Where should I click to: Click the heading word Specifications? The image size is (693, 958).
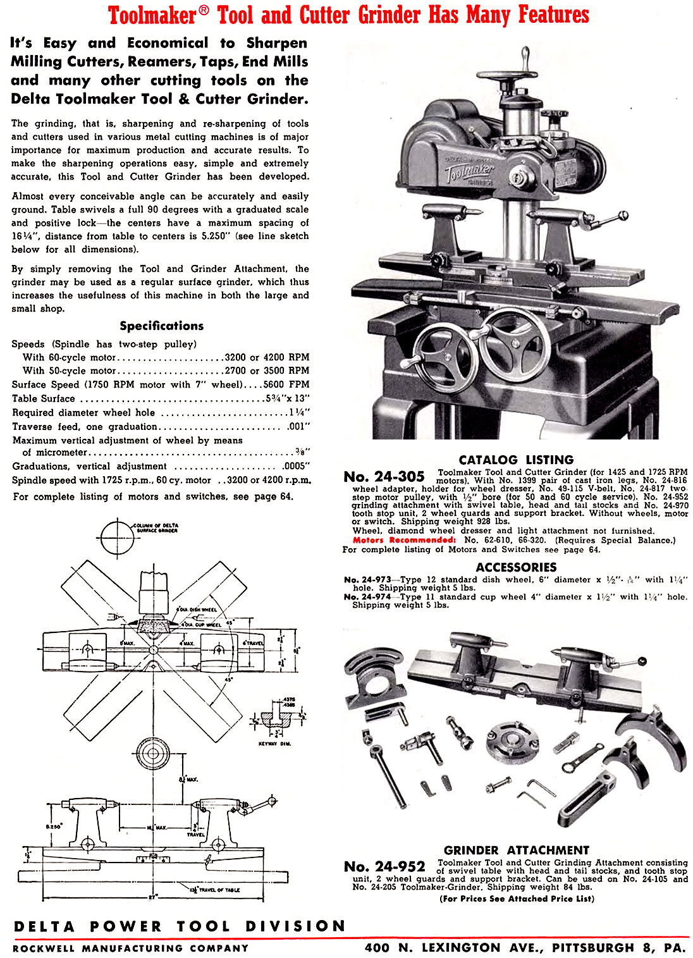(162, 326)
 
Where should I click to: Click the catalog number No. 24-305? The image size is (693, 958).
(384, 477)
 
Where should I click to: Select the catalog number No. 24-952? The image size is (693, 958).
(384, 866)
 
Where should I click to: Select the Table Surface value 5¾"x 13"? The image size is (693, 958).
(288, 398)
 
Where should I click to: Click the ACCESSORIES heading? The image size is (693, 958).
(516, 567)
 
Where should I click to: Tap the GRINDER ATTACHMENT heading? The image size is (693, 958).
(516, 851)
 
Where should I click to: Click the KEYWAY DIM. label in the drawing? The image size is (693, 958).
(275, 744)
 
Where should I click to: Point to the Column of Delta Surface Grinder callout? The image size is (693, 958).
(155, 528)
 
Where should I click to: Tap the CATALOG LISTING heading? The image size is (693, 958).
(516, 460)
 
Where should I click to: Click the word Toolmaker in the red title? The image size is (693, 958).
(152, 15)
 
